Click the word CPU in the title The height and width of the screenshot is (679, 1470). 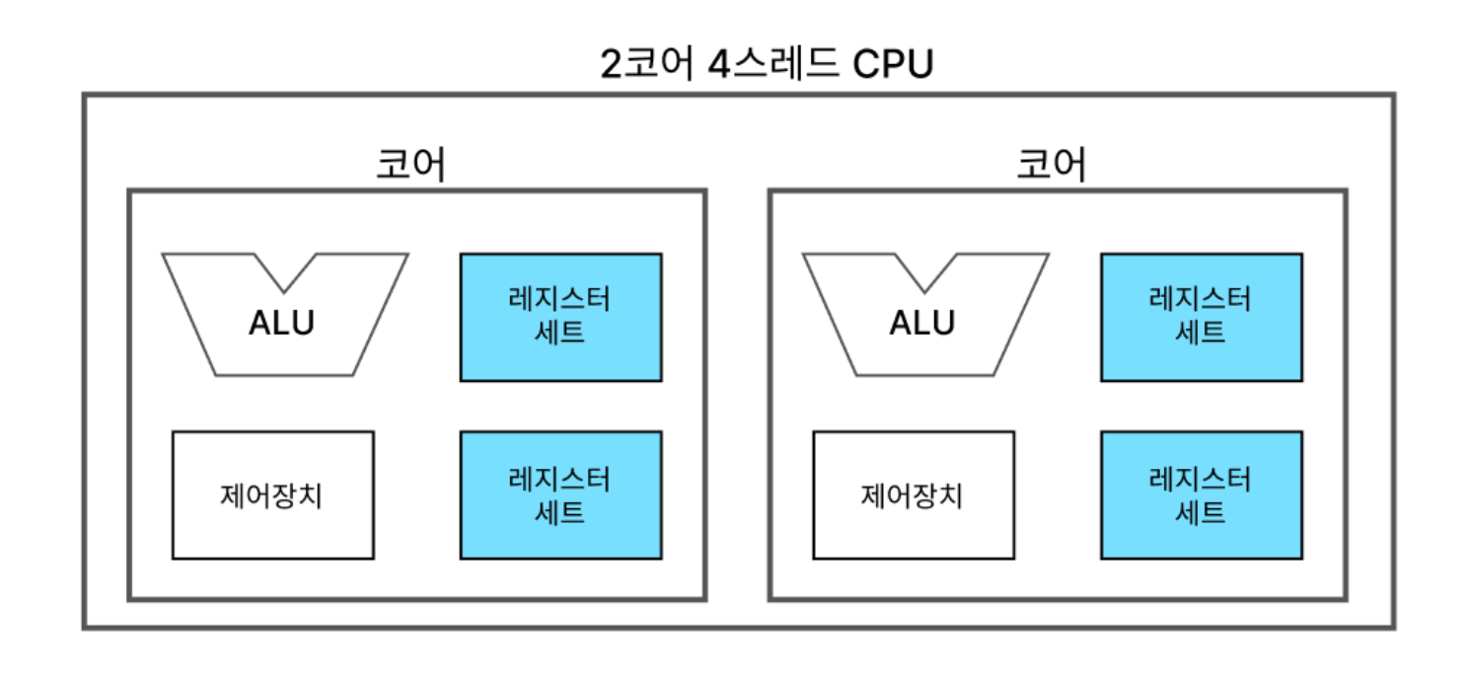coord(892,64)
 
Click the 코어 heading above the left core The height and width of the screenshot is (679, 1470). coord(411,165)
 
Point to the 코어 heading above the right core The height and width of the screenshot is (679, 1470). coord(1052,165)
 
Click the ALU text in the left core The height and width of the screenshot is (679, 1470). coord(282,323)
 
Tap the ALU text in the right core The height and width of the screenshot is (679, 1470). coord(922,323)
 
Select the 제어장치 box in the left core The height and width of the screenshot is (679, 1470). coord(272,494)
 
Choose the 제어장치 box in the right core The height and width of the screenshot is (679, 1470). coord(913,494)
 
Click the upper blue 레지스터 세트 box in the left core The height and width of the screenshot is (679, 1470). coord(560,317)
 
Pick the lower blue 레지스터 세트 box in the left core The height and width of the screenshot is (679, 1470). coord(560,494)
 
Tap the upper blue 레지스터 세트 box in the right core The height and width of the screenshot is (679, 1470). coord(1201,317)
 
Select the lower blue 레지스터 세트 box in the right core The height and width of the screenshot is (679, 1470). coord(1201,494)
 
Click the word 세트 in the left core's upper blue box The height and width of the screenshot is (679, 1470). coord(560,333)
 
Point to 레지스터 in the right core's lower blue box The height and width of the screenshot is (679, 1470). coord(1201,480)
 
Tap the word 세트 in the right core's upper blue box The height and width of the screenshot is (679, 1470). coord(1201,333)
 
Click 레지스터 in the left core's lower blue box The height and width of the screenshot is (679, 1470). coord(560,480)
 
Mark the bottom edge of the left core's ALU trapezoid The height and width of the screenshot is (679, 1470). coord(284,374)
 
